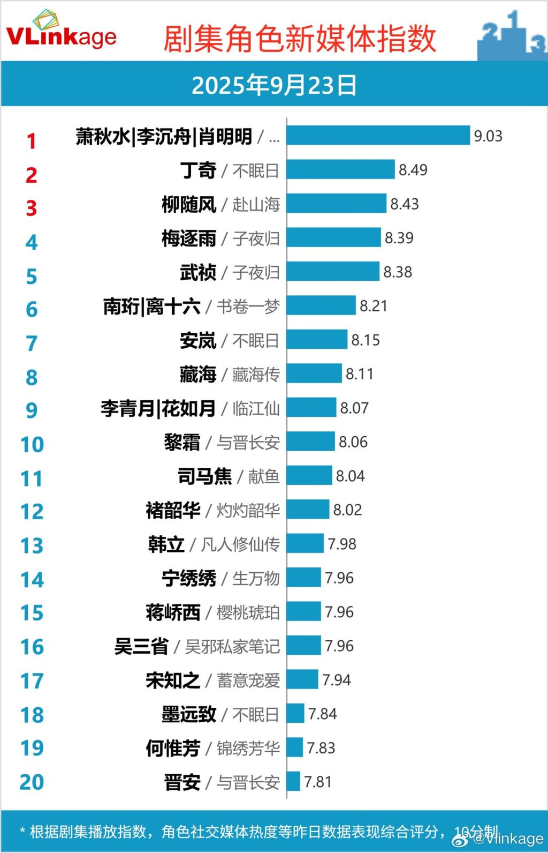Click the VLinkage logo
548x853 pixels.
pyautogui.click(x=61, y=33)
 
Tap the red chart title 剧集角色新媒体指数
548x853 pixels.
pyautogui.click(x=300, y=39)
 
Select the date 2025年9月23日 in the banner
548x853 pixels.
pyautogui.click(x=274, y=85)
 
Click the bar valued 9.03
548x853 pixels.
pyautogui.click(x=378, y=136)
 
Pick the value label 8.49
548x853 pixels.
pyautogui.click(x=413, y=170)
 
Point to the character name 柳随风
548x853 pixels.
pyautogui.click(x=189, y=204)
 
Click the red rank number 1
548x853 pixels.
pyautogui.click(x=32, y=141)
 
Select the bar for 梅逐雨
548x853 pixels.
pyautogui.click(x=333, y=238)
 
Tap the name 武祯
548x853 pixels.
pyautogui.click(x=197, y=272)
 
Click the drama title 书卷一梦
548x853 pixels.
pyautogui.click(x=248, y=306)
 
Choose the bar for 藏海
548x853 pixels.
pyautogui.click(x=314, y=373)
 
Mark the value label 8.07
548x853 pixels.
pyautogui.click(x=354, y=408)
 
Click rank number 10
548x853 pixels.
pyautogui.click(x=32, y=445)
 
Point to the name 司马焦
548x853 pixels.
pyautogui.click(x=205, y=476)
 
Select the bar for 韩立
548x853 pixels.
pyautogui.click(x=305, y=544)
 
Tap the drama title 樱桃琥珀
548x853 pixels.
pyautogui.click(x=248, y=612)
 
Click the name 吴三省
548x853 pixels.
pyautogui.click(x=141, y=646)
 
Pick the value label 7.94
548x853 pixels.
pyautogui.click(x=337, y=680)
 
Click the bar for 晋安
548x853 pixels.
pyautogui.click(x=293, y=782)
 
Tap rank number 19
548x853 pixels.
pyautogui.click(x=32, y=749)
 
